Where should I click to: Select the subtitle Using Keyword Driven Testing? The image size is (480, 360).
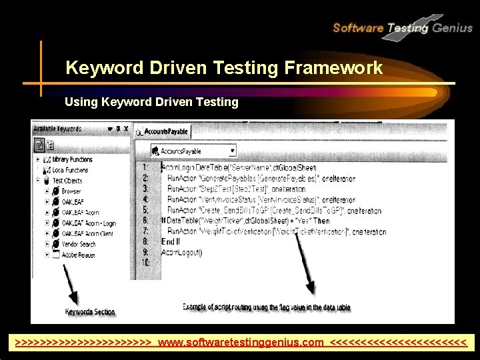pyautogui.click(x=151, y=102)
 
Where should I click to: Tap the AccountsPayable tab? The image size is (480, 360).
pyautogui.click(x=163, y=132)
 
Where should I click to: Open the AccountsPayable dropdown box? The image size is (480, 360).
pyautogui.click(x=193, y=151)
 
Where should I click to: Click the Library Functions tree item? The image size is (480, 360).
pyautogui.click(x=72, y=160)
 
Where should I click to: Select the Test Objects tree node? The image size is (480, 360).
pyautogui.click(x=67, y=181)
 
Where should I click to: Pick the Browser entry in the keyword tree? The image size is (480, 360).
pyautogui.click(x=71, y=191)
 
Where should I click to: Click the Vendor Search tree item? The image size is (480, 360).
pyautogui.click(x=79, y=244)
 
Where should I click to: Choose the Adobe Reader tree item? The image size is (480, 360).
pyautogui.click(x=79, y=255)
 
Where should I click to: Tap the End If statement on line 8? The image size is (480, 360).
pyautogui.click(x=171, y=241)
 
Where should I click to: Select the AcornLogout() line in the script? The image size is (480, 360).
pyautogui.click(x=181, y=252)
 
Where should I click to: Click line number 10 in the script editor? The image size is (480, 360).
pyautogui.click(x=146, y=263)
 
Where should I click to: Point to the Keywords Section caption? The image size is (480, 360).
pyautogui.click(x=90, y=312)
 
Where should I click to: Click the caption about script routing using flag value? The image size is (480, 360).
pyautogui.click(x=267, y=307)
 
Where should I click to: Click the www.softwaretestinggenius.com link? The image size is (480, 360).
pyautogui.click(x=241, y=342)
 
